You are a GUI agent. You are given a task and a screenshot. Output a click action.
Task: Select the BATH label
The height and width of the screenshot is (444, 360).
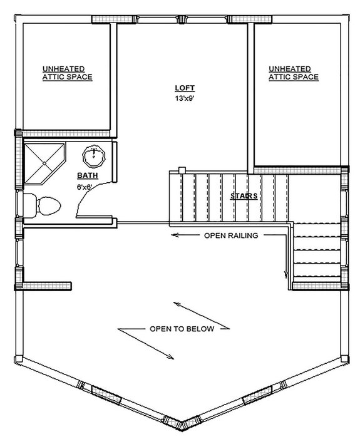point(86,175)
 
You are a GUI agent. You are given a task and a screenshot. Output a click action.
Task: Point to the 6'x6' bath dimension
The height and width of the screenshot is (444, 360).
point(86,187)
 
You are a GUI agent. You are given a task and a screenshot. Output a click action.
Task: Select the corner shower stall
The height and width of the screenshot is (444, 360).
point(43,160)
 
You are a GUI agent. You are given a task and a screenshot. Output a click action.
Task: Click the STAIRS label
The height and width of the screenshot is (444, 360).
point(244,196)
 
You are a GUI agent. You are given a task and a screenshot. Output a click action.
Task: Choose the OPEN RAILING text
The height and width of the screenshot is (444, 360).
point(230,235)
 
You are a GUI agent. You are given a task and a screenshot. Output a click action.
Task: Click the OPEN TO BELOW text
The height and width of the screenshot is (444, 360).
point(181,328)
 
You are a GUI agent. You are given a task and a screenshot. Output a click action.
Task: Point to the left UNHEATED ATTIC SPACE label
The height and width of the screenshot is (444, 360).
point(68,73)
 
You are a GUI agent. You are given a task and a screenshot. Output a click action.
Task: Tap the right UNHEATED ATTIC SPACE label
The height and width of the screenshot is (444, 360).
point(293,73)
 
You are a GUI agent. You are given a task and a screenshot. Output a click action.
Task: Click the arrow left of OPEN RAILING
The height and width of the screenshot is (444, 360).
point(185,235)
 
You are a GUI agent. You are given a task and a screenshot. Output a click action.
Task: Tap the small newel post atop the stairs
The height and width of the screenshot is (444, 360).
point(182,170)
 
